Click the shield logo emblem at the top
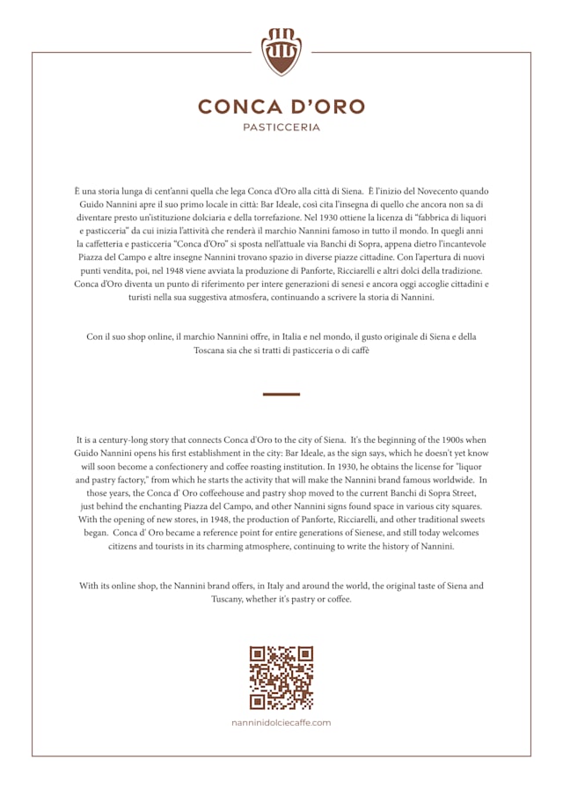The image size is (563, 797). click(x=281, y=52)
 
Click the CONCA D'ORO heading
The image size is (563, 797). click(x=281, y=107)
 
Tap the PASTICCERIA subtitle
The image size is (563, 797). click(x=281, y=128)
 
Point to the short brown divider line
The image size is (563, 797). click(x=281, y=395)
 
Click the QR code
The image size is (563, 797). click(x=281, y=677)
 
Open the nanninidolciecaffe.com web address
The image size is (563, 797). click(x=281, y=722)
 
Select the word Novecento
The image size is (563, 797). click(x=430, y=191)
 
